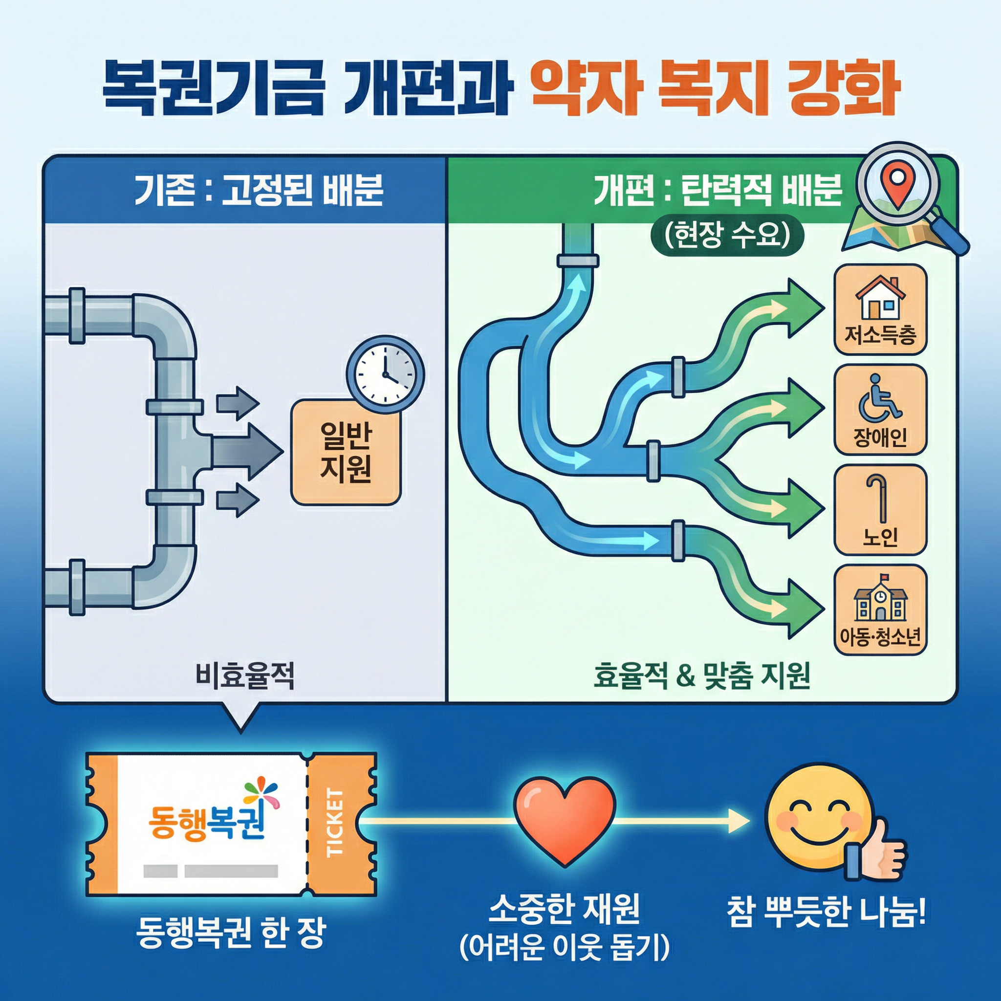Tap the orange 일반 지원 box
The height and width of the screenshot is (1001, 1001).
click(346, 452)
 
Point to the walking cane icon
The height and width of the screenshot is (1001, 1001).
click(879, 498)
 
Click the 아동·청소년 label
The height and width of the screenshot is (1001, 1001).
click(880, 637)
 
